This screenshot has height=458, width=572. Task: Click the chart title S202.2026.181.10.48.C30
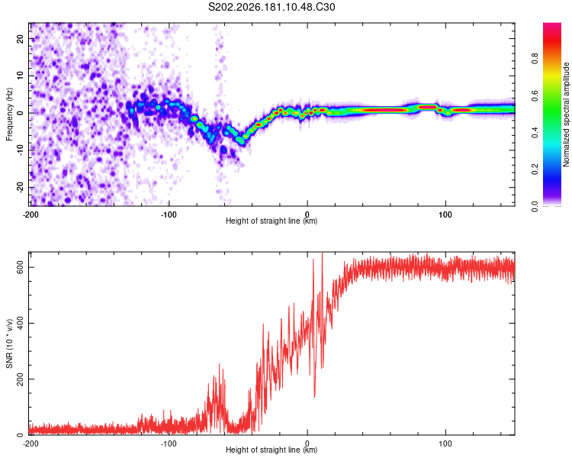tap(272, 7)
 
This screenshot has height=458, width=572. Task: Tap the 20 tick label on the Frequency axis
tap(20, 38)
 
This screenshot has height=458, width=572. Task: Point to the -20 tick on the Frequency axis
tap(20, 187)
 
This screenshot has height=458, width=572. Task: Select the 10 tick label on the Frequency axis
tap(20, 76)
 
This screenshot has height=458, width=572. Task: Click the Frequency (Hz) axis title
tap(9, 114)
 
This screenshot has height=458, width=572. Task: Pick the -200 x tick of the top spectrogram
tap(31, 214)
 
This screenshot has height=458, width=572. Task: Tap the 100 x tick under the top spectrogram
tap(445, 214)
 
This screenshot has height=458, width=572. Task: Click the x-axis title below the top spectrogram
tap(272, 221)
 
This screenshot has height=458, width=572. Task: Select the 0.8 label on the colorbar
tap(535, 58)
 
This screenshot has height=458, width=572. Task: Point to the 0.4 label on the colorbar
tap(535, 132)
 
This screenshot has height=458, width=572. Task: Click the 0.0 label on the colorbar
tap(535, 206)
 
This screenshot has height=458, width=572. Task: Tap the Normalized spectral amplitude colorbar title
tap(566, 114)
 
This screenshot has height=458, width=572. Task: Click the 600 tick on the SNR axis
tap(20, 268)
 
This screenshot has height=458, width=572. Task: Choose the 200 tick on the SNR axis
tap(20, 379)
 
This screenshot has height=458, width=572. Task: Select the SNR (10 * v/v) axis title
tap(9, 343)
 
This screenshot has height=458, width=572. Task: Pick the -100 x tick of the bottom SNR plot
tap(169, 443)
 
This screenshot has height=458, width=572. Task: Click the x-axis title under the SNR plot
tap(272, 450)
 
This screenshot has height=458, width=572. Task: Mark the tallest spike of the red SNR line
tap(322, 253)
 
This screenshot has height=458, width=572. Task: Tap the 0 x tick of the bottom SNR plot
tap(307, 443)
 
